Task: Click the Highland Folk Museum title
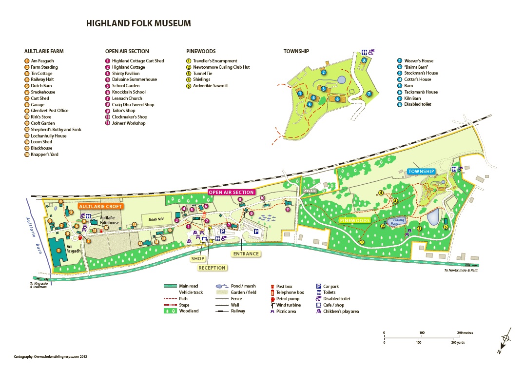138,23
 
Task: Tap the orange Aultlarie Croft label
102,206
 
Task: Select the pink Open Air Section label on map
231,192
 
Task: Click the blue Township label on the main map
421,172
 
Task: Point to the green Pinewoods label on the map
354,220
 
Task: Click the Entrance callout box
246,253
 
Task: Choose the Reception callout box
212,268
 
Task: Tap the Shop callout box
197,259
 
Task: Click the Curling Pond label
399,221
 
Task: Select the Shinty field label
156,219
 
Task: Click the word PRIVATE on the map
310,191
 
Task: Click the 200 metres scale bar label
466,333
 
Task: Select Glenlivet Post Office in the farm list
49,111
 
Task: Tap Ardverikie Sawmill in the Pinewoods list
210,86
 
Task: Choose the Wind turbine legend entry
288,305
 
